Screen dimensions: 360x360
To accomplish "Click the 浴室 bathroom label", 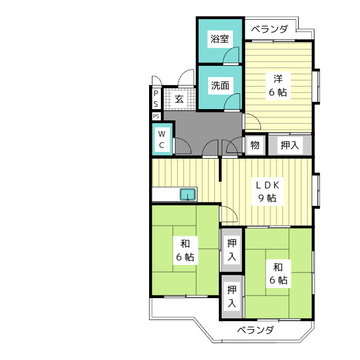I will [220, 39].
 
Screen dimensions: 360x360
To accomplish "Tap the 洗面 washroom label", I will [220, 85].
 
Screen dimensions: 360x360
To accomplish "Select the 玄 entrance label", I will [179, 100].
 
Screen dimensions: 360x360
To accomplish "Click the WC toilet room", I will [161, 139].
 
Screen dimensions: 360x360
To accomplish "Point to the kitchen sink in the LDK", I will [188, 195].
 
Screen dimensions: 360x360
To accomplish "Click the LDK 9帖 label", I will [267, 191].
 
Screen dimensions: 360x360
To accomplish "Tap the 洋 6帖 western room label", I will [277, 85].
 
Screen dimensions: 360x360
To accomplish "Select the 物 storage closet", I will [255, 145].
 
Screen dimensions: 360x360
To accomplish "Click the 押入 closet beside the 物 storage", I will [290, 145].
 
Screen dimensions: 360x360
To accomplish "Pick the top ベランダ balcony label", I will [269, 29].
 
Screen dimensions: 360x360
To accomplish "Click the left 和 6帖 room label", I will [185, 250].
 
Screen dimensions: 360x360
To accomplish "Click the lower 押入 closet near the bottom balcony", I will [231, 296].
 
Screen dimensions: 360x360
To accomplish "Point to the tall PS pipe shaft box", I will [156, 100].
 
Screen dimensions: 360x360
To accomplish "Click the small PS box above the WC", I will [156, 116].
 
